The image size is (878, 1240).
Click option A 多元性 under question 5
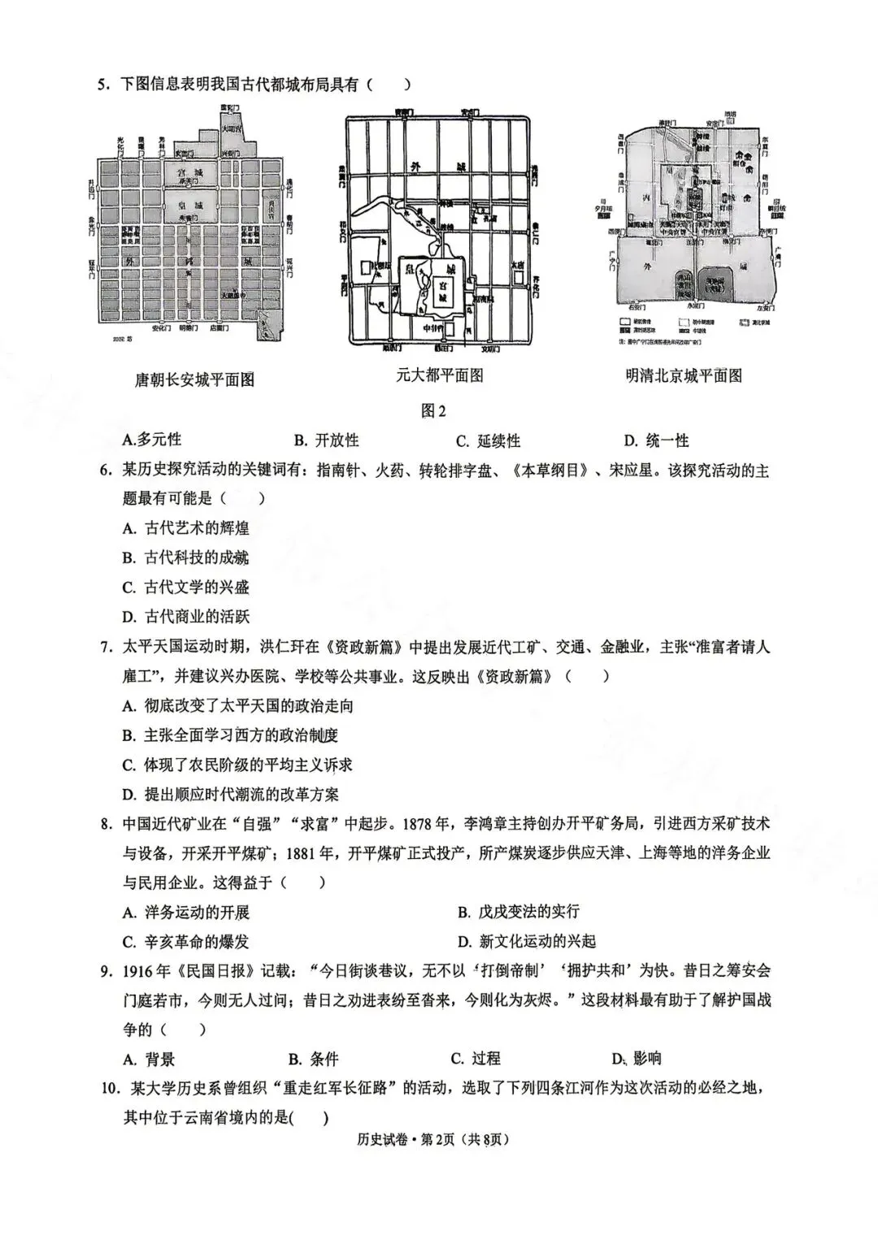151,440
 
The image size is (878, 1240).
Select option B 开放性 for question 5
326,440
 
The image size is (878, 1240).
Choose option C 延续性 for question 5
488,440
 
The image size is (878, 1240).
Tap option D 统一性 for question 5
656,440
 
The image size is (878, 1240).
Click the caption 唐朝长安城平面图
194,379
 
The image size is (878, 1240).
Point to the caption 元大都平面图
439,375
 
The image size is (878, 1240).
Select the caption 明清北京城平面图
684,375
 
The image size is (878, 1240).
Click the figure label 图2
433,410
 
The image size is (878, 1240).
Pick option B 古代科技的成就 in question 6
185,557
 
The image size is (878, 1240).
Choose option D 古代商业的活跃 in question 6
185,617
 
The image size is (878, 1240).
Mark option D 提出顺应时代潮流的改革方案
231,794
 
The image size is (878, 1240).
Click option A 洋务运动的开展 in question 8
186,912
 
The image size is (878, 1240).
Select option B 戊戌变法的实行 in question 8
519,912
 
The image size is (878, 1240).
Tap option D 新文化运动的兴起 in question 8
527,941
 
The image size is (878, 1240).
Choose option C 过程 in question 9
476,1058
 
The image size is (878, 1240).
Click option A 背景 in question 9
149,1059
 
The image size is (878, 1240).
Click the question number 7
105,648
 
